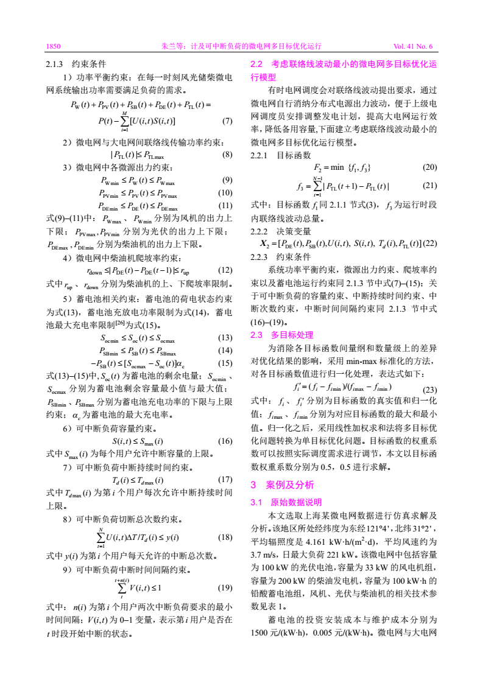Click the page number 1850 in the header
coord(54,46)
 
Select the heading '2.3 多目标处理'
coord(282,335)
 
